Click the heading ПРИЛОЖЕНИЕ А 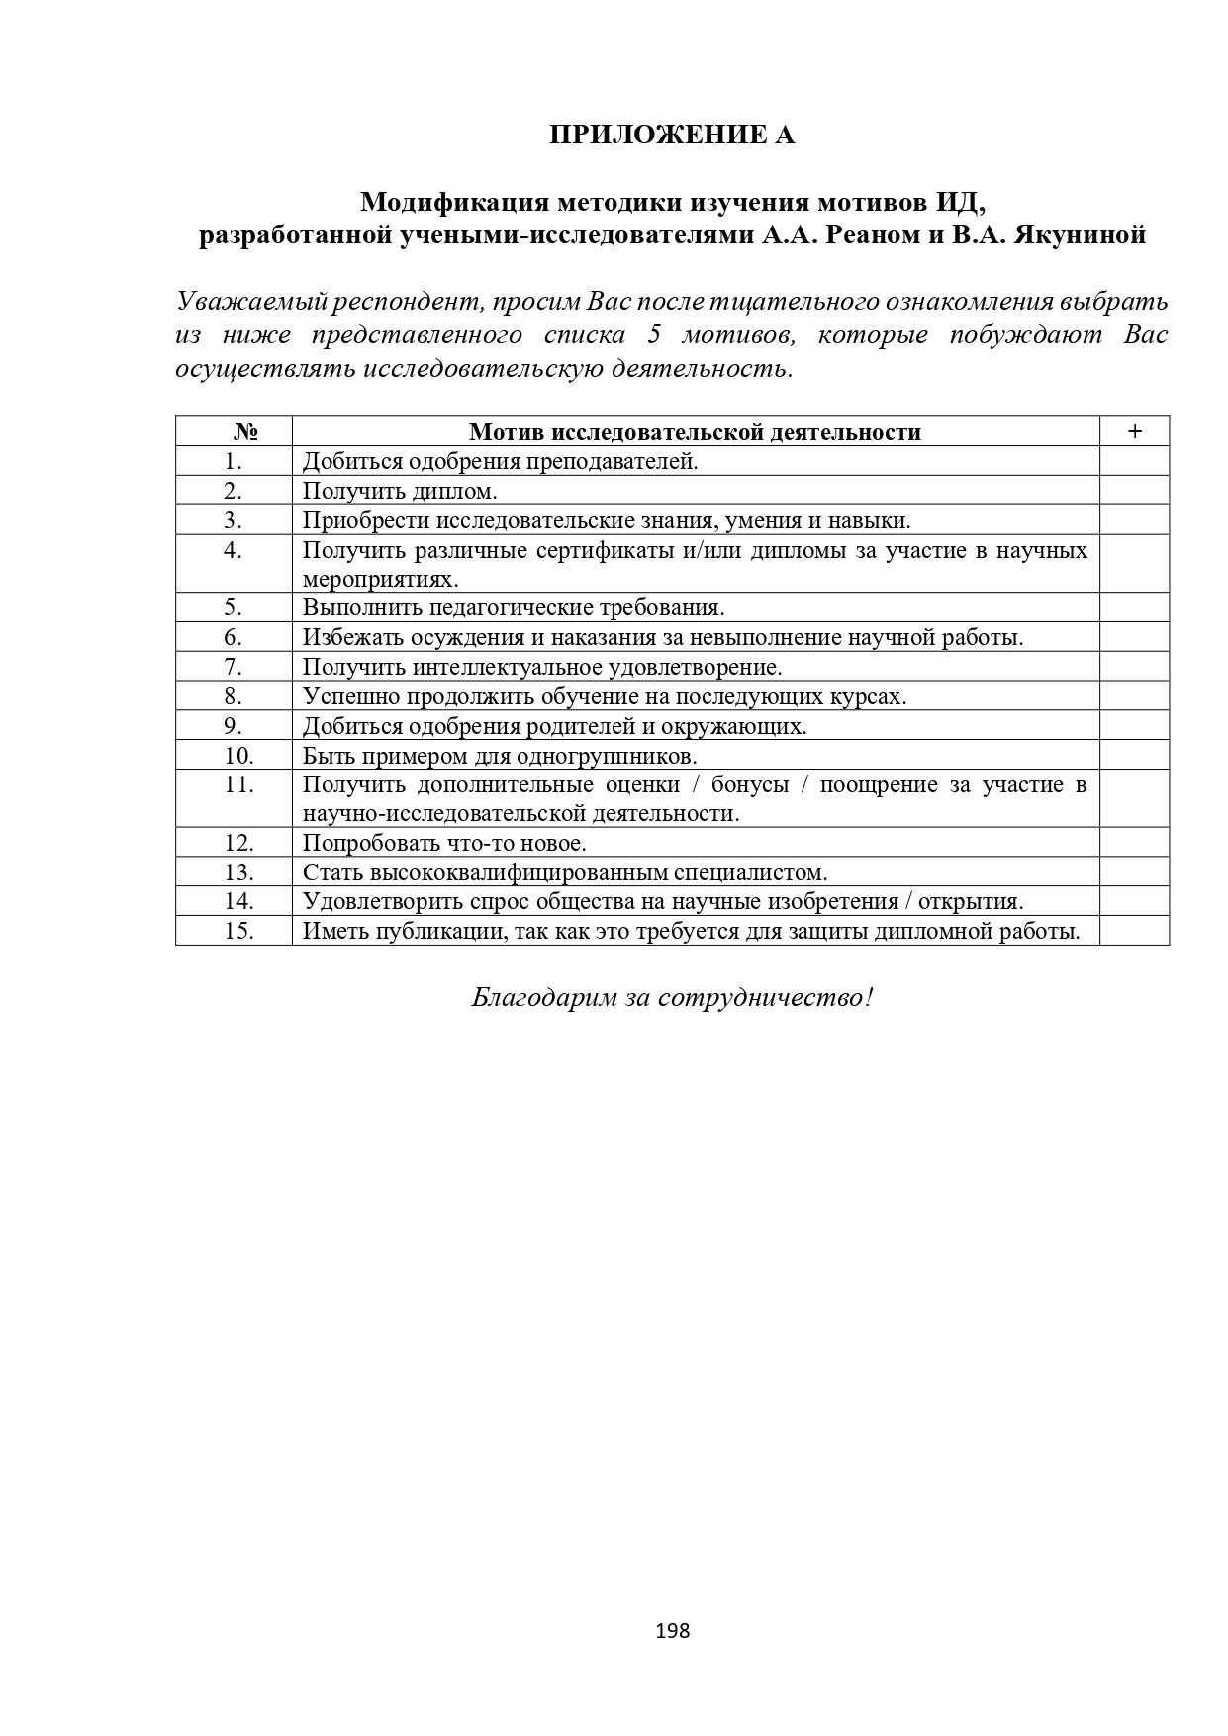[672, 135]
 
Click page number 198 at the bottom [672, 1631]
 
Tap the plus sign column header [1134, 431]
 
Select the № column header [245, 432]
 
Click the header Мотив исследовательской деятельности [695, 432]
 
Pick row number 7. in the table [234, 667]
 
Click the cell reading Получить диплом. [400, 491]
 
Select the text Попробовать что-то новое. [444, 843]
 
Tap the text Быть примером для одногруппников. [500, 756]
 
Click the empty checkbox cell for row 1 [1134, 461]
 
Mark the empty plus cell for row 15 [1134, 931]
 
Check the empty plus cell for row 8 [1134, 696]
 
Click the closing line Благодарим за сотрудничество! [672, 997]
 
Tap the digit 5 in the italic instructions [653, 335]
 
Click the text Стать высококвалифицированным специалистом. [564, 872]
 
